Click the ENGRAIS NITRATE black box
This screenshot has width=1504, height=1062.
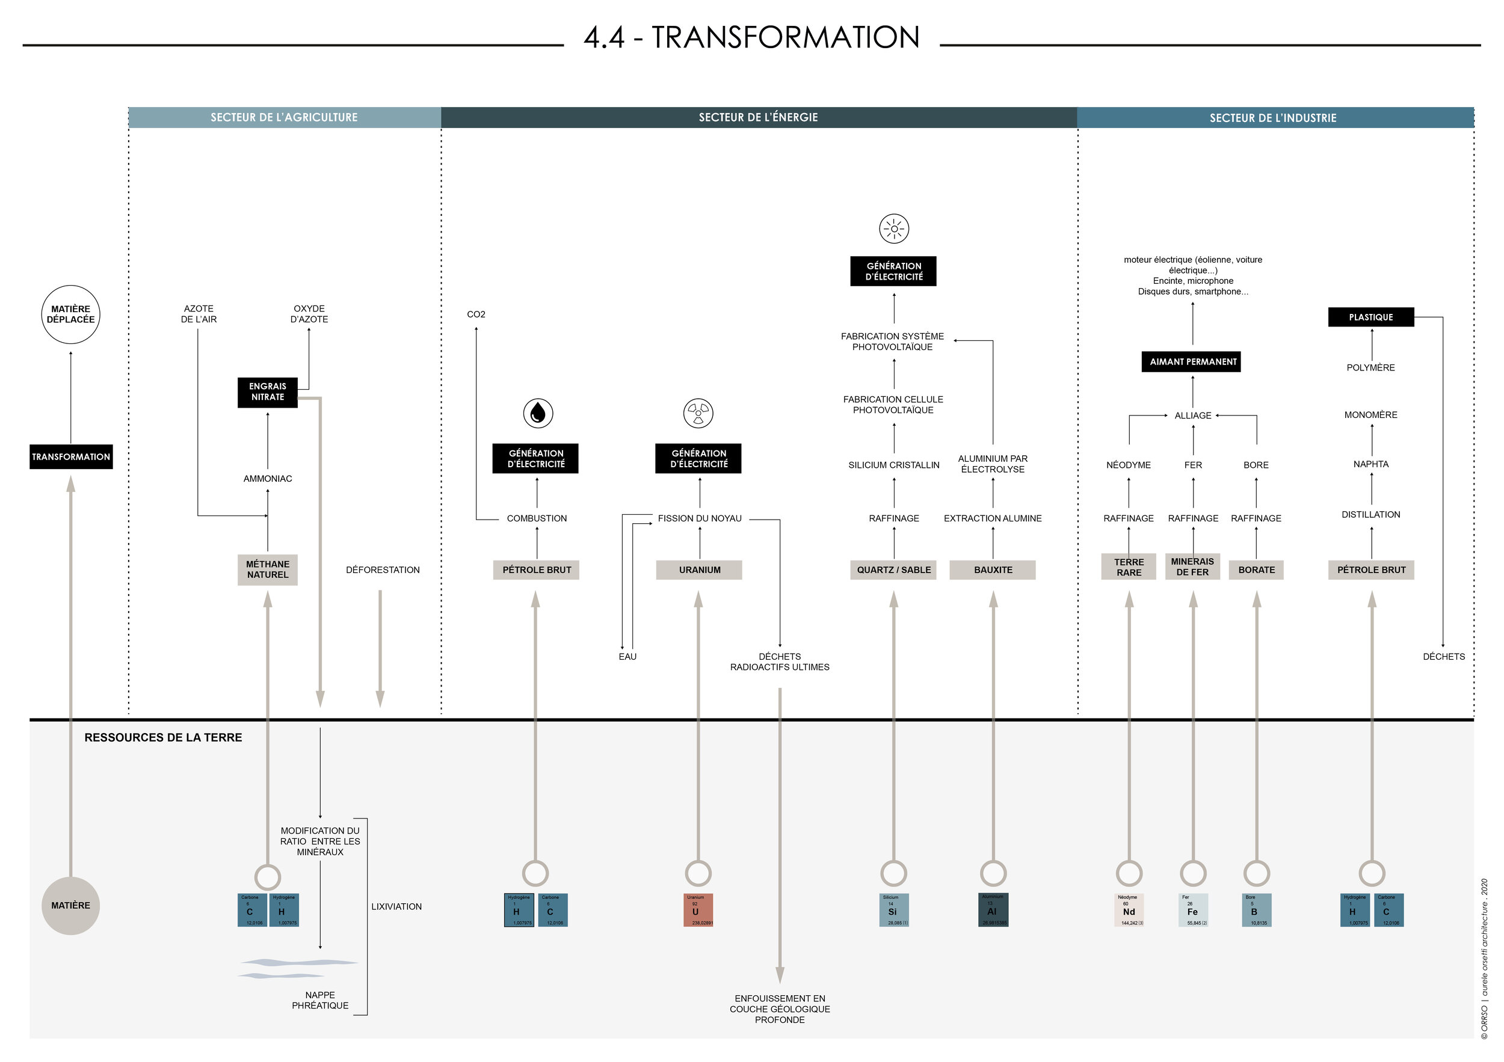coord(267,392)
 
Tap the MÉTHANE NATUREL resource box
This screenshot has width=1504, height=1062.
coord(267,569)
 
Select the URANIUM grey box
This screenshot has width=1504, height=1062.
coord(699,570)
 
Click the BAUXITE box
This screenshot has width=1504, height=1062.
coord(993,570)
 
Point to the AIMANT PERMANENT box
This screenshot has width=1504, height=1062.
coord(1192,362)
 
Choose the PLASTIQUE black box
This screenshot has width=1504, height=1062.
coord(1370,318)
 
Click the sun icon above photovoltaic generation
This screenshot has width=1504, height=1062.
coord(893,229)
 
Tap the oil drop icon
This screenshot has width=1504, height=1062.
coord(538,413)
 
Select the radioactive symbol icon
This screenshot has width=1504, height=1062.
coord(698,413)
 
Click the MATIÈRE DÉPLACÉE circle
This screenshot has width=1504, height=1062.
coord(71,315)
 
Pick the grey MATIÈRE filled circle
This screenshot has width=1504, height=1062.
coord(71,906)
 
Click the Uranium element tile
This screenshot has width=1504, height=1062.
coord(698,910)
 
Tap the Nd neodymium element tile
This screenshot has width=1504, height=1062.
coord(1129,910)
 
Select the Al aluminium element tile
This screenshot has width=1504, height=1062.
coord(993,910)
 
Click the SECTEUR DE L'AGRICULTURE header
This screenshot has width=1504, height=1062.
coord(285,118)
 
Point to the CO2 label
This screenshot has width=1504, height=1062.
coord(476,315)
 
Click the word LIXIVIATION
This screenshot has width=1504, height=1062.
coord(396,907)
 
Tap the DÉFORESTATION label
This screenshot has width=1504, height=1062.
coord(383,570)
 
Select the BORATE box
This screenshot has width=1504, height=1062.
coord(1256,570)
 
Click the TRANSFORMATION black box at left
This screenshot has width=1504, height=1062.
coord(71,457)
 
